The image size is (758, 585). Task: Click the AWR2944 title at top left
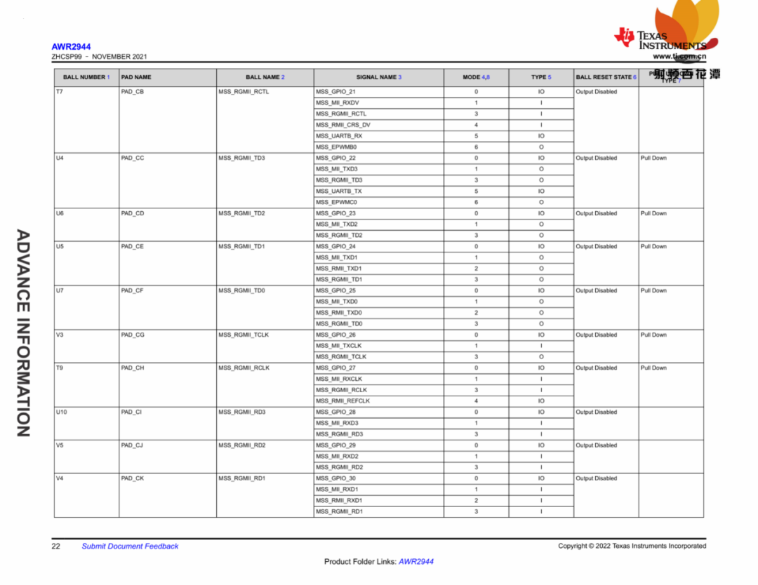click(x=71, y=47)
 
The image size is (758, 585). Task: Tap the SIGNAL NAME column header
click(x=378, y=77)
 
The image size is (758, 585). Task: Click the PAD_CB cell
click(x=133, y=92)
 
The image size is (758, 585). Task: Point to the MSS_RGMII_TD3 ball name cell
click(x=241, y=158)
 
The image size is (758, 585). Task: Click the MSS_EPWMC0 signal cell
click(x=336, y=202)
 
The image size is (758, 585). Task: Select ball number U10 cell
click(x=62, y=412)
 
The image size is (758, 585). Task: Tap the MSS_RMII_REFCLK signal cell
click(x=343, y=401)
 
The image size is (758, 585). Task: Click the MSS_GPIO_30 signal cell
click(x=335, y=478)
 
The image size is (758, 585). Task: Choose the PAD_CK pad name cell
click(x=132, y=478)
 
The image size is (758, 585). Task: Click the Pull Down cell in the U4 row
click(x=653, y=158)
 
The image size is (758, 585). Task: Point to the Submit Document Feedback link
click(x=130, y=546)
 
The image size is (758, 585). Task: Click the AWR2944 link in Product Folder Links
click(x=416, y=562)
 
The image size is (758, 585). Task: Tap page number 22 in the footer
click(x=55, y=546)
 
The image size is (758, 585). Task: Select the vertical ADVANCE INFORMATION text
click(x=23, y=333)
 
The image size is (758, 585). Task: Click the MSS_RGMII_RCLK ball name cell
click(x=244, y=368)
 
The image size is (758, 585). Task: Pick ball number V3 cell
click(x=60, y=335)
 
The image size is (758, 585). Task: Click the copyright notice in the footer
click(x=632, y=546)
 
